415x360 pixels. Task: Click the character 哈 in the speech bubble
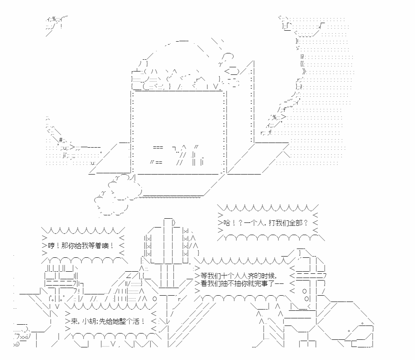[227, 223]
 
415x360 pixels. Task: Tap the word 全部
[295, 223]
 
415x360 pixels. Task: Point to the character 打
[272, 223]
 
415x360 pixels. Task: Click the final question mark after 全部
[306, 223]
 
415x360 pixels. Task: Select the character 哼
[51, 246]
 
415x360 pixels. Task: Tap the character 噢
[105, 246]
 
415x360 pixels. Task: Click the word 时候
[268, 276]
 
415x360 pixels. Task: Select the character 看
[204, 283]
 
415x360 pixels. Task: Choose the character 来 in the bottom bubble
[74, 321]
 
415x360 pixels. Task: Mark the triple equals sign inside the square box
[158, 147]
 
